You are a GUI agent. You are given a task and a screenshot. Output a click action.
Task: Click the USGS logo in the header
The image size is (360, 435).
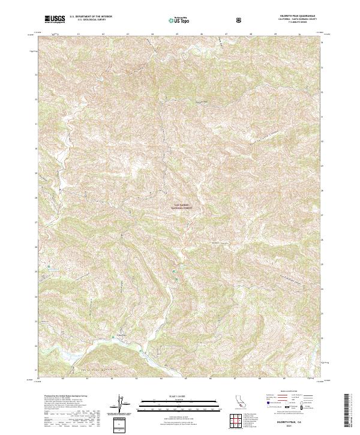tap(55, 20)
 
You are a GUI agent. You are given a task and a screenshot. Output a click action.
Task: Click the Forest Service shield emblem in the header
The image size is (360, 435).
tap(240, 20)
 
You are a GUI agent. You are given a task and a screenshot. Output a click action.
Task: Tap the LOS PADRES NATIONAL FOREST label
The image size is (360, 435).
tap(181, 206)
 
